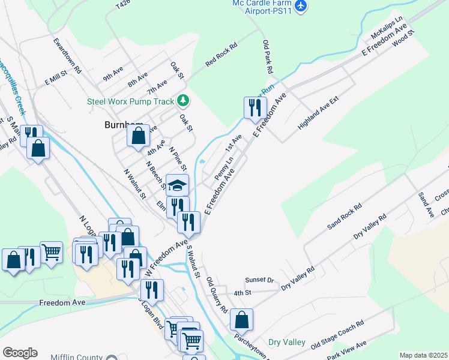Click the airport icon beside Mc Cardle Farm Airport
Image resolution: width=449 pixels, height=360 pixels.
tap(302, 6)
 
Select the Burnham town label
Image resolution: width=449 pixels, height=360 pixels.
tap(113, 125)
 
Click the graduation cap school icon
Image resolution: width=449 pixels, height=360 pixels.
tap(177, 185)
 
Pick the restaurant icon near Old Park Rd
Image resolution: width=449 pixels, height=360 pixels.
tap(255, 108)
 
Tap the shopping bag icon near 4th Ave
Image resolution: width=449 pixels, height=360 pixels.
tap(138, 136)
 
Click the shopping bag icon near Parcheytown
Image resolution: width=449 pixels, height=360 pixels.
tap(241, 319)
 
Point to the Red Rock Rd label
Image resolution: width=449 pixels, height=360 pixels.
tap(221, 54)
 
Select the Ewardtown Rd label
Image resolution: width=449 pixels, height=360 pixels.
tap(67, 56)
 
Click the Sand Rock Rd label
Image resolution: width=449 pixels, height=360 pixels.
tap(344, 216)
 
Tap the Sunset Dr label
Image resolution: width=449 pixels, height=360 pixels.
tap(259, 280)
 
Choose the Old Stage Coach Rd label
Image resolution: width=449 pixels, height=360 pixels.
tap(337, 335)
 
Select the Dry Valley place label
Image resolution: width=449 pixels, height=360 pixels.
tap(287, 341)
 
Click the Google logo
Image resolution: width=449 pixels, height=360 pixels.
tap(20, 353)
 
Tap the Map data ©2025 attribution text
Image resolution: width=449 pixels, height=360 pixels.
tap(423, 355)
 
